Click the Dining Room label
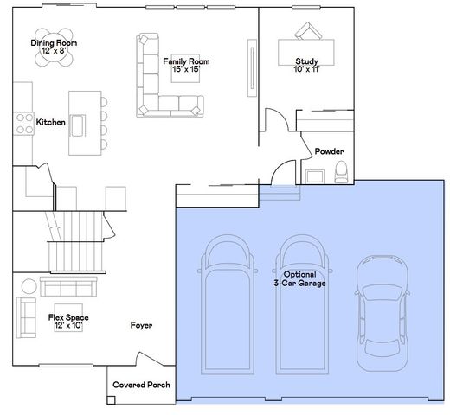tap(54, 47)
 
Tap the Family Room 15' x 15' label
tap(186, 65)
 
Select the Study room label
tap(306, 65)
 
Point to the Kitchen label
tap(51, 122)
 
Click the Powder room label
tap(329, 151)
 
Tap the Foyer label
tap(141, 325)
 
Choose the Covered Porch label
tap(141, 385)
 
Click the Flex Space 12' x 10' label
tap(68, 322)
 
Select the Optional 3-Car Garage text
tap(299, 278)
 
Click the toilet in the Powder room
tap(341, 172)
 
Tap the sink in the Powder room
tap(315, 176)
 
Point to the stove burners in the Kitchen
tap(24, 124)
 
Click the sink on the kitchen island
tap(78, 125)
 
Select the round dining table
tap(54, 48)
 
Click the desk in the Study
tap(306, 53)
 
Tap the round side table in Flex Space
tap(29, 286)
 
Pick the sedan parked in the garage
tap(382, 313)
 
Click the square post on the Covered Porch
tap(111, 400)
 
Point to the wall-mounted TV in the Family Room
tap(253, 68)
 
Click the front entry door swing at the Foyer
tap(150, 359)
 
